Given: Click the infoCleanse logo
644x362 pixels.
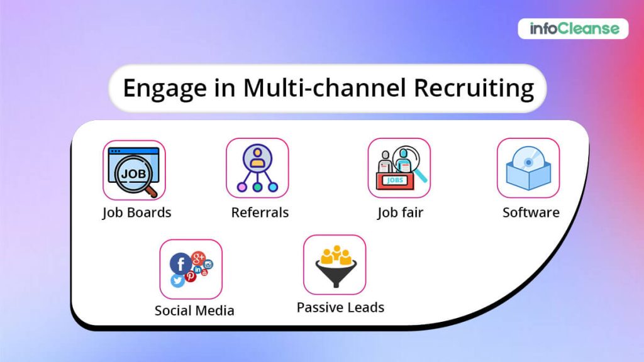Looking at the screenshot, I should (x=573, y=28).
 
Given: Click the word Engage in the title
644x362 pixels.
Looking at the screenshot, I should (x=162, y=88).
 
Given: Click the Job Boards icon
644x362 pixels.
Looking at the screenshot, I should (x=134, y=169).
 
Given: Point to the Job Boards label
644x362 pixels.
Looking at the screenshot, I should (x=136, y=212).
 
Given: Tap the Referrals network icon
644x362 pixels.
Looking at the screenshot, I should (x=257, y=168).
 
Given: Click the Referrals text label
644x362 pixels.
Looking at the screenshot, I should (x=260, y=212).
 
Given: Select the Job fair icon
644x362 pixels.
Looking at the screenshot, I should (x=399, y=168).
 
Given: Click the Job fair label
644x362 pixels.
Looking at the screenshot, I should (x=400, y=212).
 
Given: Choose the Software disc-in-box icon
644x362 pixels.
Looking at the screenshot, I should (x=528, y=168).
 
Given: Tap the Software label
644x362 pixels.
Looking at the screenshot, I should (x=531, y=212).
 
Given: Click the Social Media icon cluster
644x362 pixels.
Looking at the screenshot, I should (x=191, y=269).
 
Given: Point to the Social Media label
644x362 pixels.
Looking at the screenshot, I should (x=194, y=310).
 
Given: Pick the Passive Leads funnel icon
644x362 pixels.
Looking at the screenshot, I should (x=335, y=265).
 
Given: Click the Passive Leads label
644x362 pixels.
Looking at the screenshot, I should (x=340, y=307).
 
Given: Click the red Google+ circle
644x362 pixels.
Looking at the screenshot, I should (x=198, y=258).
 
